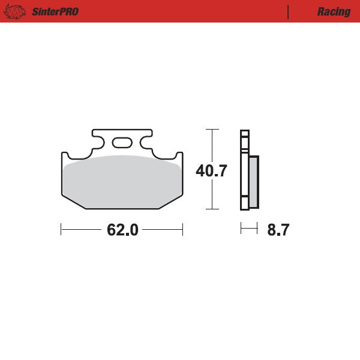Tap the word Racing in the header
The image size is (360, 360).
tap(334, 11)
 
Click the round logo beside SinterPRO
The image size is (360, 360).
tap(16, 11)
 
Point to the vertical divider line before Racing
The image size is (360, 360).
tap(289, 11)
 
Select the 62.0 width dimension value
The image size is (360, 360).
tap(122, 230)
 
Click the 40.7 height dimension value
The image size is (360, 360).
tap(211, 171)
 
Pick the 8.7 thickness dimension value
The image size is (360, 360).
tap(278, 230)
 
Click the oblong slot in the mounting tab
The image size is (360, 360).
tap(122, 142)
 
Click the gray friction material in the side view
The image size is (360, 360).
tap(253, 181)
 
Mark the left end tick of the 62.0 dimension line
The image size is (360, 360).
tap(61, 229)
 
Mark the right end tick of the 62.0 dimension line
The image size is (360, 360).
tap(182, 229)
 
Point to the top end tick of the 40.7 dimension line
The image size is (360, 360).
tap(211, 129)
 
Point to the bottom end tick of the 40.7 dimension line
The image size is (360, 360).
tap(211, 209)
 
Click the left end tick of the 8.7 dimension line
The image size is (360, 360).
tap(241, 229)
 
